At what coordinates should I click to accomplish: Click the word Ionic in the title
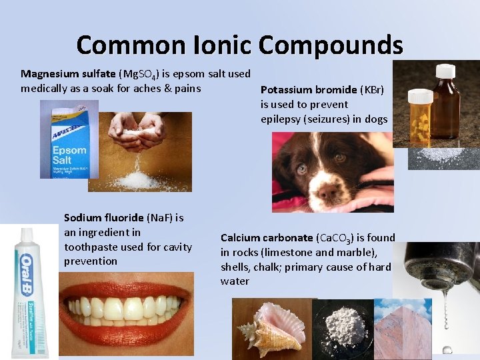[x=218, y=45]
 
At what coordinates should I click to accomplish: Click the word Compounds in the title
[x=331, y=45]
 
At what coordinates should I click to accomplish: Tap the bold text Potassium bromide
[x=309, y=89]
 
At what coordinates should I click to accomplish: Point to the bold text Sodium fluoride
[x=103, y=217]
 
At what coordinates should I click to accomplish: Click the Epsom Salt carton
[x=69, y=140]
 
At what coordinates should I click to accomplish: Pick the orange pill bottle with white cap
[x=421, y=120]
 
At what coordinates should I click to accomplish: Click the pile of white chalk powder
[x=344, y=327]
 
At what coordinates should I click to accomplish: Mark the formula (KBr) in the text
[x=372, y=89]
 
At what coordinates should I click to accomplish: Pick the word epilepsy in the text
[x=281, y=119]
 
